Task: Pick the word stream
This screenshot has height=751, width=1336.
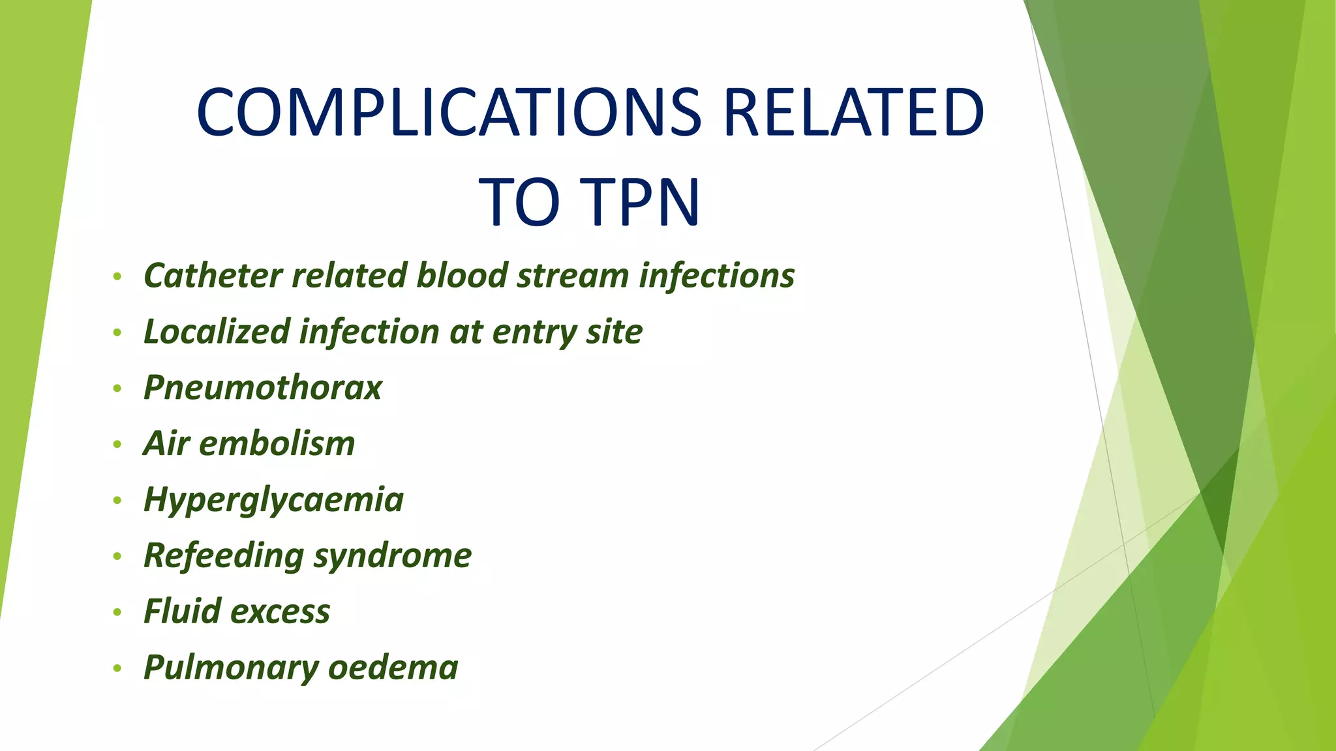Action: tap(572, 275)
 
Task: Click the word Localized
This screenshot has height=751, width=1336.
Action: tap(217, 331)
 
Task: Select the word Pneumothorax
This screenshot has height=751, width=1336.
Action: tap(262, 387)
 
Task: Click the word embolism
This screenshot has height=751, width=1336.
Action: tap(277, 443)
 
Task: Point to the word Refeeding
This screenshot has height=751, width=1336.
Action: tap(223, 555)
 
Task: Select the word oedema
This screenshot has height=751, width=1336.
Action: tap(393, 668)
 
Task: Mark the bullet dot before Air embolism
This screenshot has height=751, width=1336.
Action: tap(117, 445)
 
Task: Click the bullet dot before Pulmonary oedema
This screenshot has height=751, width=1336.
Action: tap(117, 669)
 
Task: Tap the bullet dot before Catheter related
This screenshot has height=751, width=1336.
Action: tap(117, 276)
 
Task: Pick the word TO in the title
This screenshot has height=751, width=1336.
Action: tap(519, 202)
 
